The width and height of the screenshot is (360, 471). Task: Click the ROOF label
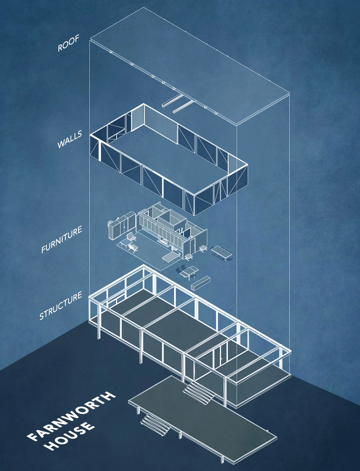coord(68,43)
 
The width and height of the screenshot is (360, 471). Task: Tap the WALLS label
coord(69,139)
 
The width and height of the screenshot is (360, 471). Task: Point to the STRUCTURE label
coord(61,305)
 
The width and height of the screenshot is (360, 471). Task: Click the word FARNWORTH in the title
coord(71,416)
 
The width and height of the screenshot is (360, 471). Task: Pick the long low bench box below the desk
coord(200,283)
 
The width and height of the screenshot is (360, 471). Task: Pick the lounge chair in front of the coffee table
coord(133,248)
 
